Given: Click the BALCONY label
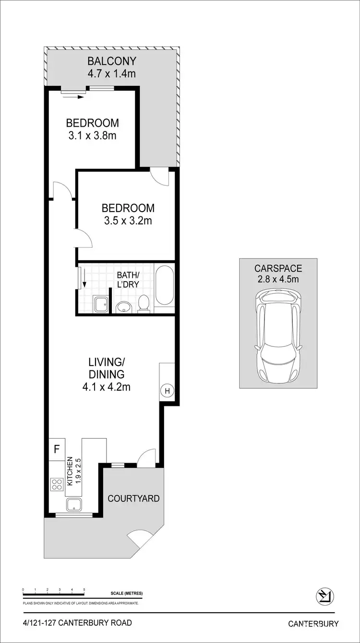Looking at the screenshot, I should point(111,61).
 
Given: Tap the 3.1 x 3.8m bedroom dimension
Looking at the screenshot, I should point(92,135).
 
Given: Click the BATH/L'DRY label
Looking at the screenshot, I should point(129,280).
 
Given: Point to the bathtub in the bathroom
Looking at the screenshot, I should point(165,286).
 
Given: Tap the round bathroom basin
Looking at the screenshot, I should point(124,306).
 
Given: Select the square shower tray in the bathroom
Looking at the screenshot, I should point(101,304).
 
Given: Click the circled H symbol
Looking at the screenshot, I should point(168,391).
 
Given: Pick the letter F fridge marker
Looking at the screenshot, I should point(56,450).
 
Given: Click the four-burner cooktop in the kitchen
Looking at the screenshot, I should point(57,485).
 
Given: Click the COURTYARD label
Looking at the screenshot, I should point(133,499).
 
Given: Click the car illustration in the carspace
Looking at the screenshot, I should point(279,336).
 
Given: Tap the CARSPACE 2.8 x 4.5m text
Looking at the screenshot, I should point(278,273).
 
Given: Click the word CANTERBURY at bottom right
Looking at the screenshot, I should point(313,624).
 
